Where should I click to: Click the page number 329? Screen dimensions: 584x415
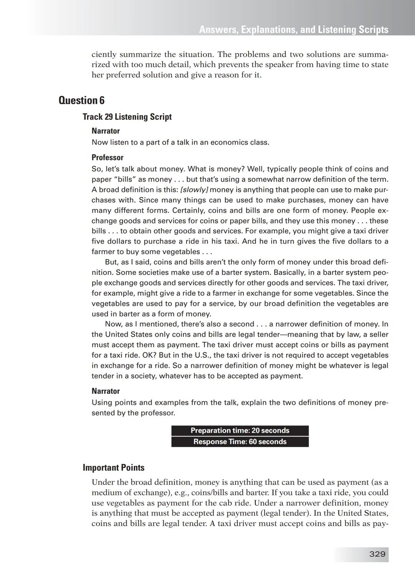pos(377,554)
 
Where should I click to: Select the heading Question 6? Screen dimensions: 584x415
pos(81,100)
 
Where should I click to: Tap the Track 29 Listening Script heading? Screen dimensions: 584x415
pos(127,117)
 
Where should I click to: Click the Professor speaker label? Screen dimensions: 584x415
pos(107,158)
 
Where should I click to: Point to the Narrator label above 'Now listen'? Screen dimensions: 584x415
pos(106,131)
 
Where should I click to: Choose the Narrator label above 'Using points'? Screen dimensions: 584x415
pos(106,391)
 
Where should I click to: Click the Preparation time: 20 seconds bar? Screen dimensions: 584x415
pos(240,431)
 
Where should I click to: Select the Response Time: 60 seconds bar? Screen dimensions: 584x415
pos(240,442)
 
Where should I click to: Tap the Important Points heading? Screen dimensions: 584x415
pos(113,468)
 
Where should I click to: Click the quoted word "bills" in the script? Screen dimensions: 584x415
pos(120,180)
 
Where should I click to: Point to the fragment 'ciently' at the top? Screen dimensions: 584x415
pos(104,55)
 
